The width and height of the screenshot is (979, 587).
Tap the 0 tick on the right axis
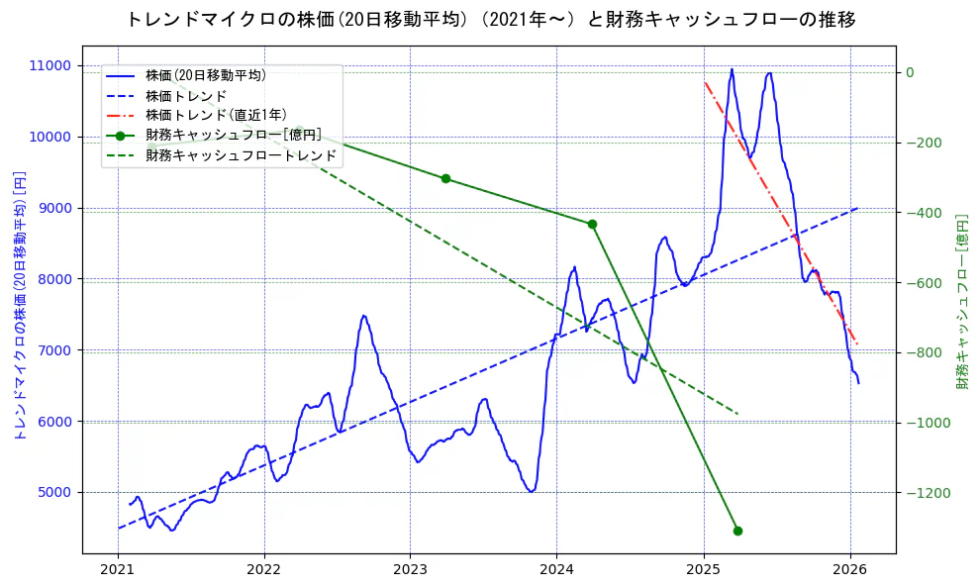909,72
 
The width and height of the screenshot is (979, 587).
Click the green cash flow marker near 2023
445,179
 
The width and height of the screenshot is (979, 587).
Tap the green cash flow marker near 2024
592,225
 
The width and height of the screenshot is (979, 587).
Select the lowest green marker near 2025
737,531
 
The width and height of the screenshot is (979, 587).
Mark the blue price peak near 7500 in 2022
363,316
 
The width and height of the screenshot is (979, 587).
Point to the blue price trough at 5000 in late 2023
532,491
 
